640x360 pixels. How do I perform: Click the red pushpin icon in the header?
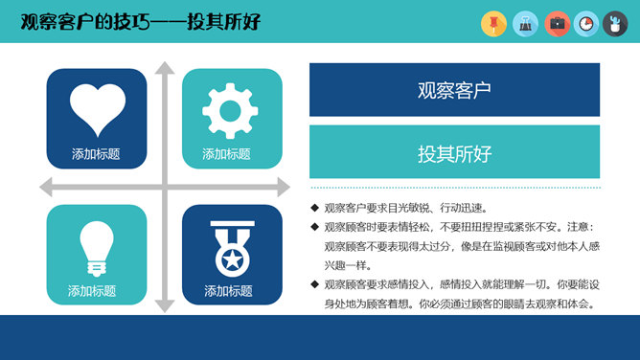(493, 22)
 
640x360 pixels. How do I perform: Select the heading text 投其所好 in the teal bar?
(454, 152)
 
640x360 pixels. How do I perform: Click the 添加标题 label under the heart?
(96, 153)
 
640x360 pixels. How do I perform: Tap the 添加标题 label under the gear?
(226, 153)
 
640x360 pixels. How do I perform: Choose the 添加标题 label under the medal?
(228, 290)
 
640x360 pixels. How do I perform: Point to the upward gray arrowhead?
(165, 69)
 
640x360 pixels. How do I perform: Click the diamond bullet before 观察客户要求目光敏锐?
(314, 208)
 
